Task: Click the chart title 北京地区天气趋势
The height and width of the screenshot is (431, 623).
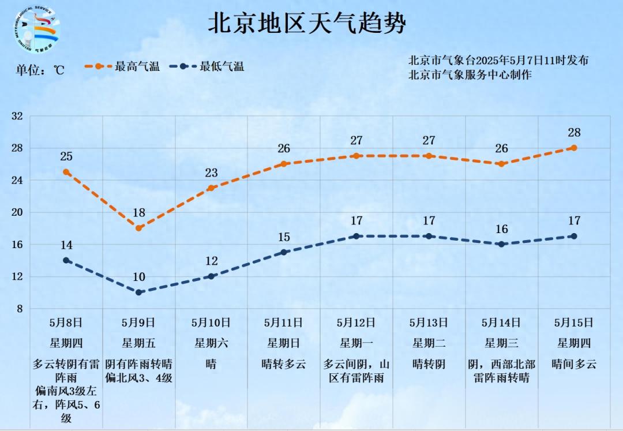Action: click(x=307, y=24)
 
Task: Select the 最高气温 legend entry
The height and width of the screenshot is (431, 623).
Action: click(x=122, y=66)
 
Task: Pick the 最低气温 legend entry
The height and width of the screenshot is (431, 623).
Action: click(x=208, y=66)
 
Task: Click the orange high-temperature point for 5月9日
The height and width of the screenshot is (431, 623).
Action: click(x=139, y=228)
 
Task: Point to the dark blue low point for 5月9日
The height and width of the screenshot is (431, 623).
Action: click(x=139, y=293)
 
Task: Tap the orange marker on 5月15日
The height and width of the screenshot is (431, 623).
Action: click(x=574, y=148)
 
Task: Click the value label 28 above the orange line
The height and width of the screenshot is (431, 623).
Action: click(x=574, y=133)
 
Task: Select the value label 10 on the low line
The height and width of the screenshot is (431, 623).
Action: click(x=139, y=277)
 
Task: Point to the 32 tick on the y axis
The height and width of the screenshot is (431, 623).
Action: click(x=17, y=116)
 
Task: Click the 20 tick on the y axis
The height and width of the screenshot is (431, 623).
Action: click(x=17, y=212)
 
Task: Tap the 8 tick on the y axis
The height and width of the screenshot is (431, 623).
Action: click(x=20, y=309)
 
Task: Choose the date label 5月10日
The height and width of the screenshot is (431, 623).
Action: click(x=211, y=323)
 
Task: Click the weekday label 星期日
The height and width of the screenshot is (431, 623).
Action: click(x=284, y=343)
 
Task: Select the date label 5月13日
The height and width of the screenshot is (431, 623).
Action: click(x=429, y=323)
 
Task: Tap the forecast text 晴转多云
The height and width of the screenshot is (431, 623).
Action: click(x=284, y=364)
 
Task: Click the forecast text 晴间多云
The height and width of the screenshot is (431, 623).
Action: click(x=574, y=364)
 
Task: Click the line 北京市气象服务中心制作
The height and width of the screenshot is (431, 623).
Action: click(x=470, y=74)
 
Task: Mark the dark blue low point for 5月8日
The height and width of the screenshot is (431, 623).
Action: click(x=66, y=260)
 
